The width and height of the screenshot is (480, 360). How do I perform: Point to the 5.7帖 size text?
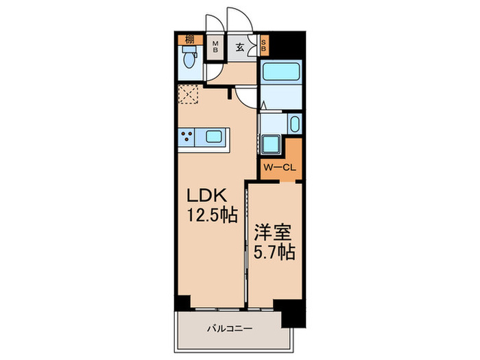pos(274,252)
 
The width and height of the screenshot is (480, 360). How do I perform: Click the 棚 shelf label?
pos(189,39)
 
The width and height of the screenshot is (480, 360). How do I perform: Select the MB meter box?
pos(215,47)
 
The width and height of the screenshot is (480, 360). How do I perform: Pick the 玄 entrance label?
pos(240,47)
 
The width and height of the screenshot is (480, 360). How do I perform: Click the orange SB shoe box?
pos(265,47)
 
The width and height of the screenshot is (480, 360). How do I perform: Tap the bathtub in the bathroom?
pos(280,73)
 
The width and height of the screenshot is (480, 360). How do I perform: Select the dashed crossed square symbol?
pos(187,94)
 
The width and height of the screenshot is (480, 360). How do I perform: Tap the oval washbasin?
pos(293,125)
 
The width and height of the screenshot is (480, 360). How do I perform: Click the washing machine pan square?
pos(271,145)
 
